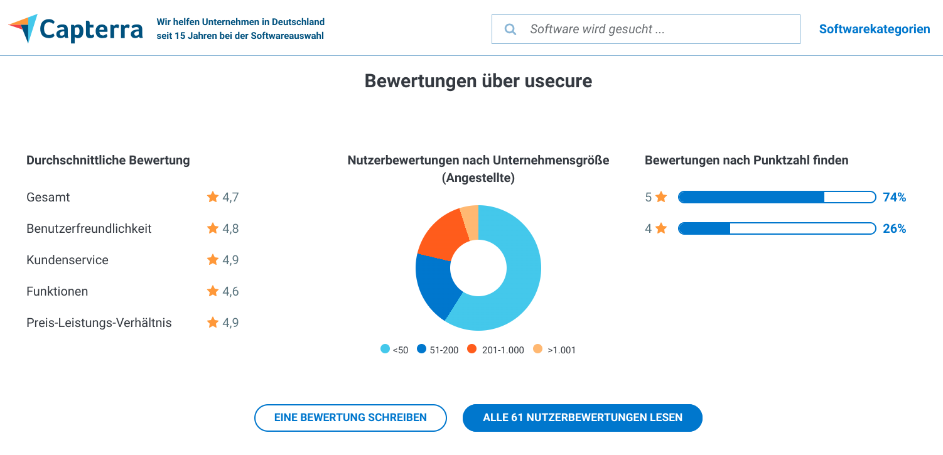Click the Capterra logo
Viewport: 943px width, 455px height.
75,29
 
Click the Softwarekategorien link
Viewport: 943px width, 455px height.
874,29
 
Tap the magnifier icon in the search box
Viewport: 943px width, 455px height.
510,29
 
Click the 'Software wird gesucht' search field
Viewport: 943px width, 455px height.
653,29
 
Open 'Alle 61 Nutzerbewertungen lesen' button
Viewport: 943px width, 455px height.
582,417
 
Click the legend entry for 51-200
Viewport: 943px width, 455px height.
438,350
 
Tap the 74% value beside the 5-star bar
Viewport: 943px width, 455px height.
894,197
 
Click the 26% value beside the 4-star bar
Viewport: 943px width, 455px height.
894,228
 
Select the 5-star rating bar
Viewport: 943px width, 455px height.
777,197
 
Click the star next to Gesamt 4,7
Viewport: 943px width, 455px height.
213,197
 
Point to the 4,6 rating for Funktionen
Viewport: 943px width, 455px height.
230,291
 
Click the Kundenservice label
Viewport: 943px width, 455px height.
67,260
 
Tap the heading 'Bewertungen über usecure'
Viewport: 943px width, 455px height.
478,81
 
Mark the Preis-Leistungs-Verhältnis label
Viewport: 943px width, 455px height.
99,323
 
